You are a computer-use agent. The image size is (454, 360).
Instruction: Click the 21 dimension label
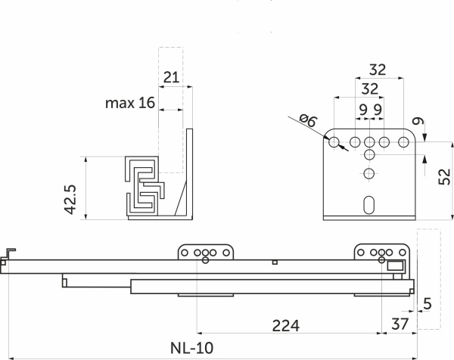(x=172, y=76)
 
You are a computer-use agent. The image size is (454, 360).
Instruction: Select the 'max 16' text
(x=129, y=102)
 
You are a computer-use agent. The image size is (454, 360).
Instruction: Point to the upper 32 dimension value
(x=378, y=70)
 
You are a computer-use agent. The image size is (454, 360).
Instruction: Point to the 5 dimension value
(x=428, y=304)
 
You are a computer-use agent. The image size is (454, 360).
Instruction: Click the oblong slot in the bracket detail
(x=368, y=205)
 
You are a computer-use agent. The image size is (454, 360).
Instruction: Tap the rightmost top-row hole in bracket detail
(x=401, y=142)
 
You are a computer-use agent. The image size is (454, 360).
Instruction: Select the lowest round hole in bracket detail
(x=368, y=175)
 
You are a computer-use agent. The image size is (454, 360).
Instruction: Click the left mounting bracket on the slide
(x=207, y=253)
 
